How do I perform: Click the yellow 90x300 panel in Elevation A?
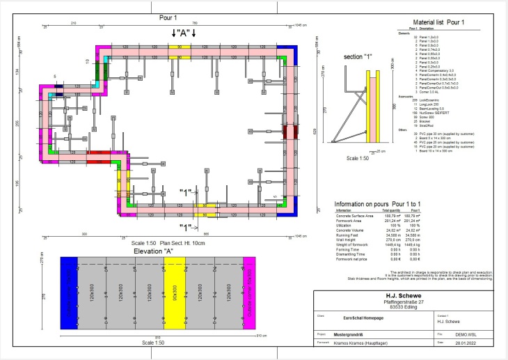tap(173, 292)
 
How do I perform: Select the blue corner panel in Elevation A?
tap(70, 292)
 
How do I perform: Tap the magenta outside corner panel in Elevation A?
tap(247, 292)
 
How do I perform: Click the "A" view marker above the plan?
tap(184, 33)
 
